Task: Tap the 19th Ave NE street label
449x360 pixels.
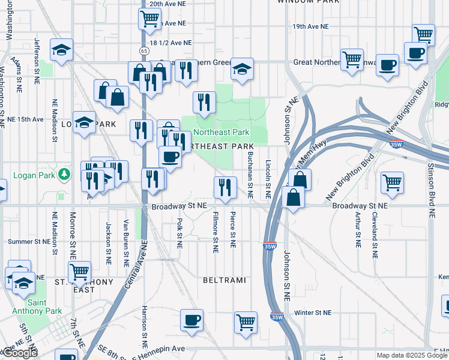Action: tap(310, 27)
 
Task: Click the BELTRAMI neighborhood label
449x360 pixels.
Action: tap(225, 280)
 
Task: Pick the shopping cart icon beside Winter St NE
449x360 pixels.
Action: tap(246, 322)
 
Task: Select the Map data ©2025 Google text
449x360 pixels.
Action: tap(412, 355)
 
